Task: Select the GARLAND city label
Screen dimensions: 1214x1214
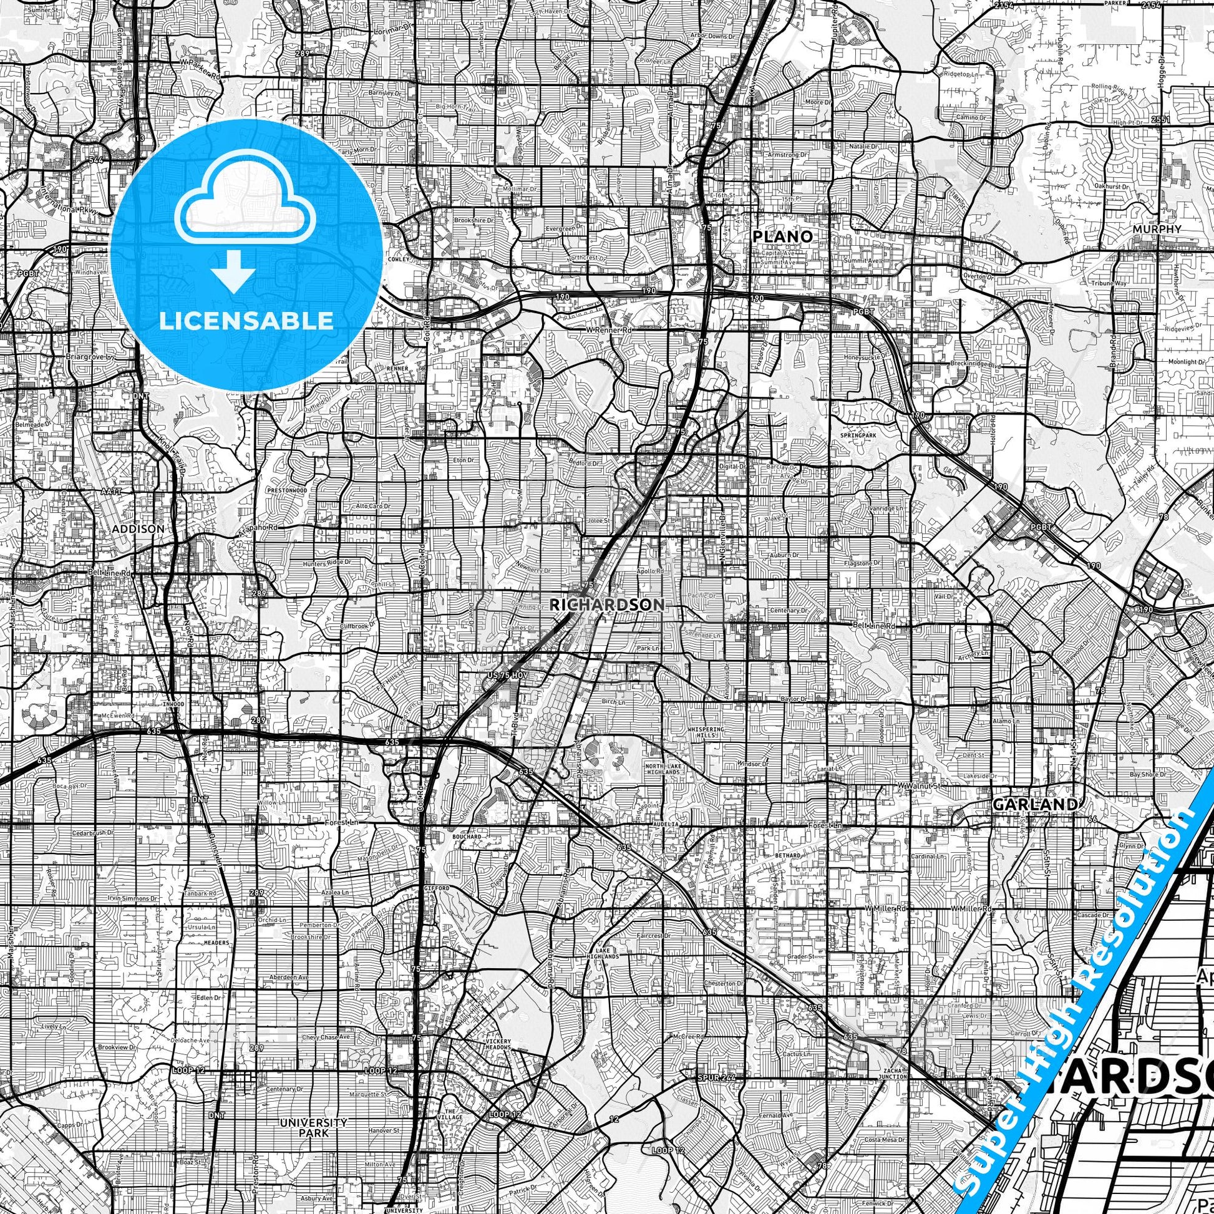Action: [x=1034, y=804]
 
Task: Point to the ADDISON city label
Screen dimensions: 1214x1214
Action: [x=138, y=529]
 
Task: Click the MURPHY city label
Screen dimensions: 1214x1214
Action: [x=1157, y=230]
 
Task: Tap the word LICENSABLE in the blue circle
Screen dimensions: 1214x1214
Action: [x=246, y=321]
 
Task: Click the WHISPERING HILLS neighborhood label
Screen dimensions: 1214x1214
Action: [x=706, y=732]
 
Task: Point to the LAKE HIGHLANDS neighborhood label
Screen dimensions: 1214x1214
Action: [x=607, y=953]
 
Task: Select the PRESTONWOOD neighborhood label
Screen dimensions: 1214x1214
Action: [x=286, y=490]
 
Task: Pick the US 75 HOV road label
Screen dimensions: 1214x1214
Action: [x=508, y=674]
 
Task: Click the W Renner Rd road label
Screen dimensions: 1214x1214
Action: [x=608, y=330]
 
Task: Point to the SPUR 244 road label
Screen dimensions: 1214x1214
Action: [x=715, y=1077]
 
